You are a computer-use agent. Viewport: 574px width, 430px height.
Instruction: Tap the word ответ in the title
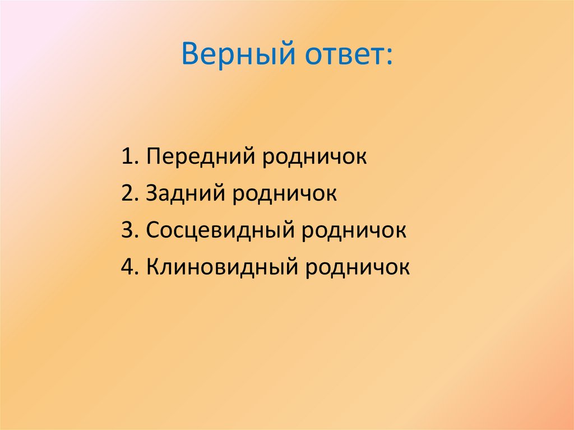344,57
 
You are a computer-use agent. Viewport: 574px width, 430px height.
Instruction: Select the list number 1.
126,157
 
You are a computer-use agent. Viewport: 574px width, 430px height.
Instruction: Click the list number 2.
126,193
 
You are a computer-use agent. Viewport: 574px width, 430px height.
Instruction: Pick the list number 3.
126,230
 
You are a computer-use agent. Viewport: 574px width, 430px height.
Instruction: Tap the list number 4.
126,267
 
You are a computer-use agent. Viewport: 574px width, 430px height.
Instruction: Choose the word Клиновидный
223,267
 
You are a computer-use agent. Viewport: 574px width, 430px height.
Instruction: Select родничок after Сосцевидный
355,231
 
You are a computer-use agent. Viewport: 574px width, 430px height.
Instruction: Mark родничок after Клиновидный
358,267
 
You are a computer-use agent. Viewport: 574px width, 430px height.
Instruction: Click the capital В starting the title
191,56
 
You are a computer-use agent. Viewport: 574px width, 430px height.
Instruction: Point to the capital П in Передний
153,157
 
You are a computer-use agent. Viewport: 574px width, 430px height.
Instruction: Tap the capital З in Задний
152,193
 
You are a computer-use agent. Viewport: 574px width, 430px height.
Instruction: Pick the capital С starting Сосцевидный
152,230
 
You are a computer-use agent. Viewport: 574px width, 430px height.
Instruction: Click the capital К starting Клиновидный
152,267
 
